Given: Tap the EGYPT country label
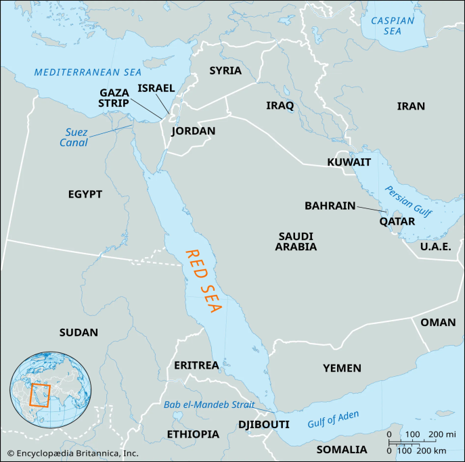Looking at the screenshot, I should coord(85,194).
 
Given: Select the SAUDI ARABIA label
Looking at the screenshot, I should coord(296,241).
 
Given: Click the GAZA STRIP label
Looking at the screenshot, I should coord(114,97).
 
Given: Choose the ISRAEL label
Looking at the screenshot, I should coord(156,88).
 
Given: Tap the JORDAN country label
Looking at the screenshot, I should coord(193,131).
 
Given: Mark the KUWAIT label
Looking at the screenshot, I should coord(349,162).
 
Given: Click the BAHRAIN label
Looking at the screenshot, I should coord(330,205).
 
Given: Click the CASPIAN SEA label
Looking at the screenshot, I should coord(392,26).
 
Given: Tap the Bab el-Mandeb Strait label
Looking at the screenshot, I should coord(209,405).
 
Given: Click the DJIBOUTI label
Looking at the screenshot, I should coord(263,424).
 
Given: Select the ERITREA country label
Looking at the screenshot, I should coord(196,365).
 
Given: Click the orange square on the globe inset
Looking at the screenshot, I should coord(39,394).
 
